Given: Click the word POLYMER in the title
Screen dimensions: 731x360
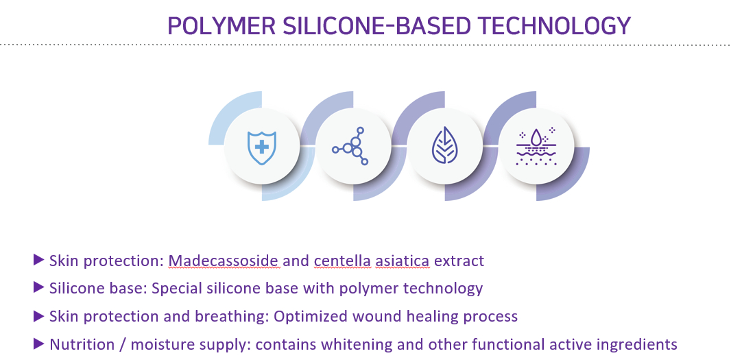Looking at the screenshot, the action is point(221,25).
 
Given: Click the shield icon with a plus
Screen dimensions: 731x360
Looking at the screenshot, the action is point(261,147).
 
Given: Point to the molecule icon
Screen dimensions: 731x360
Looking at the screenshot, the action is point(350,146).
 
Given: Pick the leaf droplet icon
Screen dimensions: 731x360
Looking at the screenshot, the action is point(444,146).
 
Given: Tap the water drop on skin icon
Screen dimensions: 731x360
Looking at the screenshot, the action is point(536,146).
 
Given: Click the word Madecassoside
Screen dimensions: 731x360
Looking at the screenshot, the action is point(224,260).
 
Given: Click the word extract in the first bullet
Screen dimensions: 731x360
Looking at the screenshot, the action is point(459,260).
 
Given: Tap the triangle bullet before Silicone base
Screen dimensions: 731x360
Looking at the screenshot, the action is point(38,288).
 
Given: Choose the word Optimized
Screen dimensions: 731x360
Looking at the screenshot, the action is point(311,317).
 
